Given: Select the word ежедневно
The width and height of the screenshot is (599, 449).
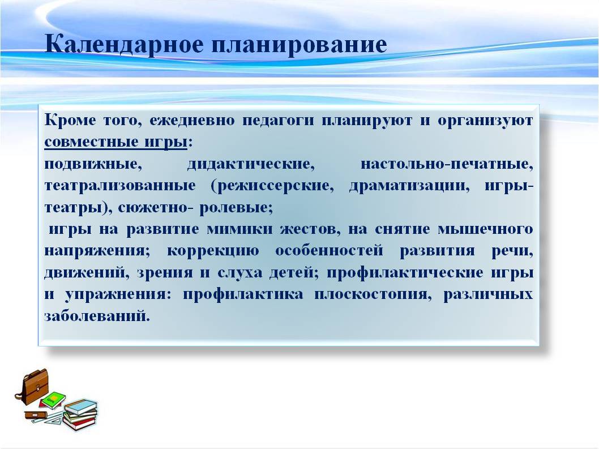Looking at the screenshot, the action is pos(192,121).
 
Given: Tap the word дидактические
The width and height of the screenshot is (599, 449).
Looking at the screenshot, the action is pos(251,164).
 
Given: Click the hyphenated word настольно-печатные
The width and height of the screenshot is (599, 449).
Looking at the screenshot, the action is pos(447,164).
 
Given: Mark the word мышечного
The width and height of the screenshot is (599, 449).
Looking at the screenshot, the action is pos(485,229).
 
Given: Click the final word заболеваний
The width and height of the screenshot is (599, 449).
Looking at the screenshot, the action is pos(97,316).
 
